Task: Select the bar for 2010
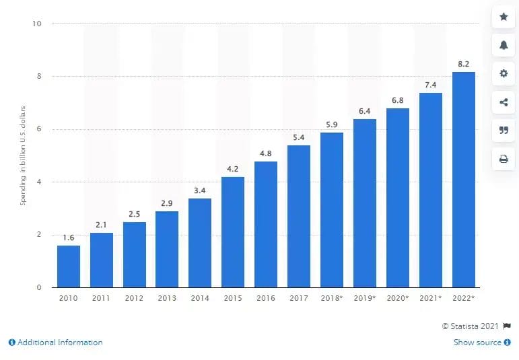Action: [x=68, y=266]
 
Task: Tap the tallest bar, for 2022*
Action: [x=464, y=180]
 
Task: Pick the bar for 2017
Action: [x=299, y=216]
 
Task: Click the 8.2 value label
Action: [x=464, y=64]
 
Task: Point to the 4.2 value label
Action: [x=233, y=169]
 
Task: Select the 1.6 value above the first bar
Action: [x=68, y=238]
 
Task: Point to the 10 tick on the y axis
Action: [x=38, y=24]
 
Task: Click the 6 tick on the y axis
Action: [x=40, y=129]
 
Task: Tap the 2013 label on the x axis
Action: [x=167, y=297]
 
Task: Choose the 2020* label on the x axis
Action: [x=398, y=297]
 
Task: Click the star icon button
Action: [x=504, y=17]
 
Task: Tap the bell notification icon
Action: [x=504, y=45]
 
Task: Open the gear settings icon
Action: [x=504, y=73]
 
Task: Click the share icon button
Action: [x=504, y=102]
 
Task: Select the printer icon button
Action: [x=504, y=159]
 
